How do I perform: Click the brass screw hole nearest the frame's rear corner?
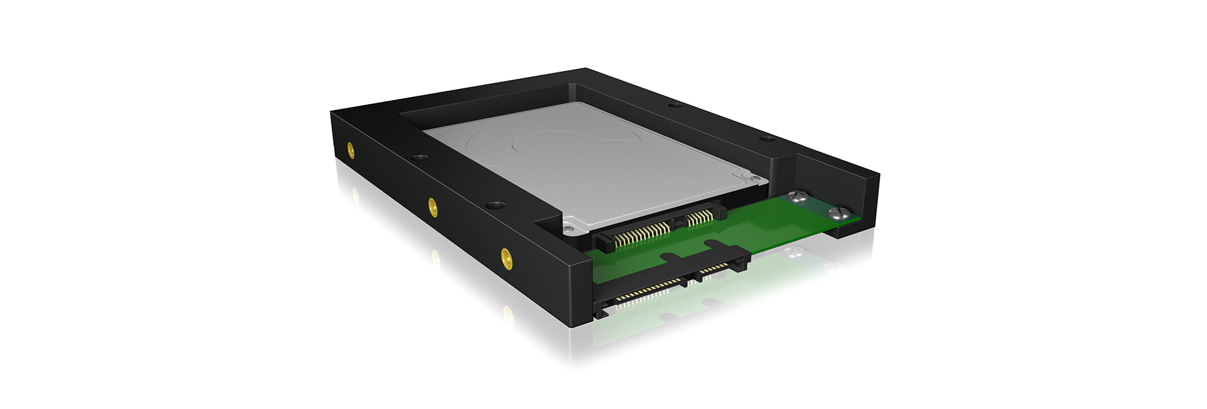[x=350, y=150]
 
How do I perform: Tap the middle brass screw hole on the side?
[x=433, y=206]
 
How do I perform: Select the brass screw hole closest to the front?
[x=505, y=256]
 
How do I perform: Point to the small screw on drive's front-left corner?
[x=569, y=226]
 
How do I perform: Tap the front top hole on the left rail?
[x=495, y=205]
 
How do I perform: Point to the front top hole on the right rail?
[x=766, y=138]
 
